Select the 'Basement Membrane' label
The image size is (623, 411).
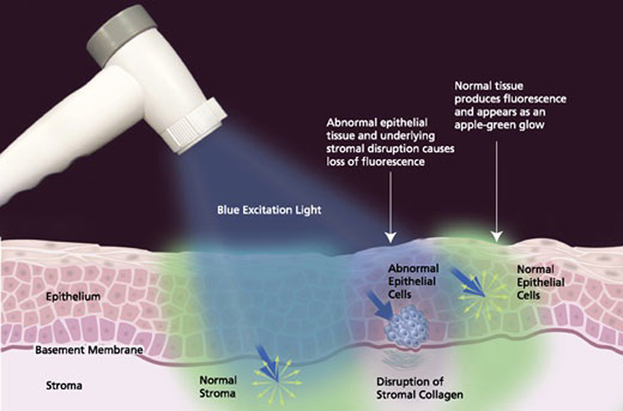click(89, 350)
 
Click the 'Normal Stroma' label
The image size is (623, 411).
click(218, 387)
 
